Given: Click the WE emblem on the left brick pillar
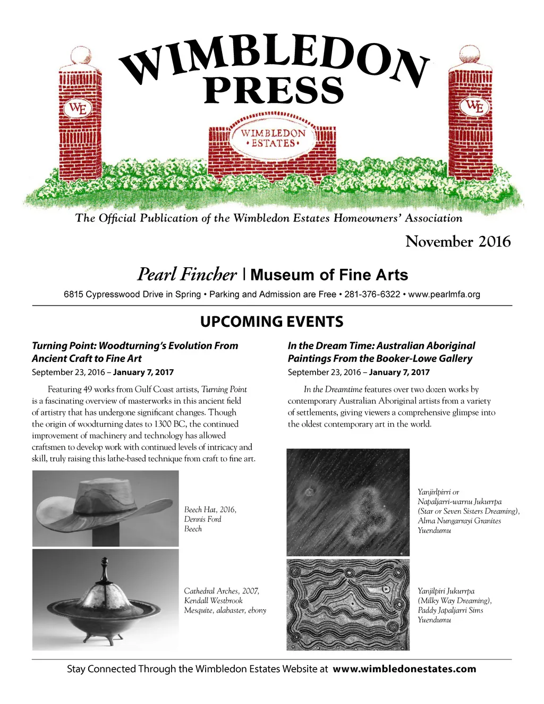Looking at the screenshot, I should pyautogui.click(x=78, y=109).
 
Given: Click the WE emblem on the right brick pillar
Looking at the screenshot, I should pyautogui.click(x=474, y=106).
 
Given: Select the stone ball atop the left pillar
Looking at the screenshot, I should pyautogui.click(x=81, y=56).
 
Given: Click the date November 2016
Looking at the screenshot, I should pyautogui.click(x=458, y=242).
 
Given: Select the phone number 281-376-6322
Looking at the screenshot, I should pyautogui.click(x=372, y=294).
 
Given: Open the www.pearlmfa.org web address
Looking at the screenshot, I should pyautogui.click(x=444, y=294).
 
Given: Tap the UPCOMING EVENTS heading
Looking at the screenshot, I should pyautogui.click(x=271, y=322).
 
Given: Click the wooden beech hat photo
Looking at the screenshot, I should pyautogui.click(x=106, y=508).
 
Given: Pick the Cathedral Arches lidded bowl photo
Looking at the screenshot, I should pyautogui.click(x=106, y=600).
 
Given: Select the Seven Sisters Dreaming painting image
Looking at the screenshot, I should pyautogui.click(x=348, y=502).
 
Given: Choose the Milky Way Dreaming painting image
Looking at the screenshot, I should pyautogui.click(x=348, y=604).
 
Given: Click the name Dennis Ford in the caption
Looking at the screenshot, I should pyautogui.click(x=202, y=519).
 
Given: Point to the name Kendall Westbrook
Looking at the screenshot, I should pyautogui.click(x=213, y=600).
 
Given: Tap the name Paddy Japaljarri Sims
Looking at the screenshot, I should pyautogui.click(x=450, y=610).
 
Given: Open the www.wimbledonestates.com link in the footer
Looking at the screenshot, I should pyautogui.click(x=404, y=669).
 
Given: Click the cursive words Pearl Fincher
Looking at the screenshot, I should pyautogui.click(x=187, y=274).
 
